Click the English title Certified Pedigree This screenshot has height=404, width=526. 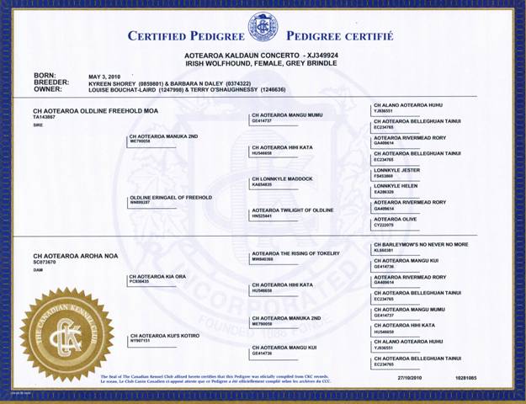(x=184, y=36)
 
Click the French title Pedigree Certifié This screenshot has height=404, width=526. (x=339, y=36)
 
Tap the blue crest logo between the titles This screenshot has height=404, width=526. (x=263, y=28)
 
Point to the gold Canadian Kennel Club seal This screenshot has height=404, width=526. (x=66, y=336)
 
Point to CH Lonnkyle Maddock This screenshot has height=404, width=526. (x=282, y=178)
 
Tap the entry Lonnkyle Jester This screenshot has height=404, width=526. (x=396, y=170)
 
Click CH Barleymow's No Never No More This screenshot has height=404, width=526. (x=419, y=244)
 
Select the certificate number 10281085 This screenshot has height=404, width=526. (x=466, y=378)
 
